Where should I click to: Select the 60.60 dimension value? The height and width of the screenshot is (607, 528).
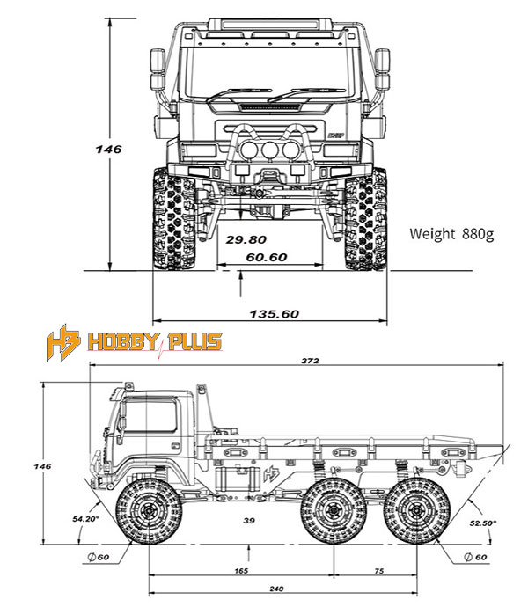267,258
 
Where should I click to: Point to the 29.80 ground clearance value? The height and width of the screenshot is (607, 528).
246,238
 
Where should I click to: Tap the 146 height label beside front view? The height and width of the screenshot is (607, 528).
109,150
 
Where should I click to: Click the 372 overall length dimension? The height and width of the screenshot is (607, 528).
308,361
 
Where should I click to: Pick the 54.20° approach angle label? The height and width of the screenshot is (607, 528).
86,520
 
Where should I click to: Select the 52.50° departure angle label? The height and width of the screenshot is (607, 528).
483,523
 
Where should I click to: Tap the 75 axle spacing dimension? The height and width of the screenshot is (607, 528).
379,572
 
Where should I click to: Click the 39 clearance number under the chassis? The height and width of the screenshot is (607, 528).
249,521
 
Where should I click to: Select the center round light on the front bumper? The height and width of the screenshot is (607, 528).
267,152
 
